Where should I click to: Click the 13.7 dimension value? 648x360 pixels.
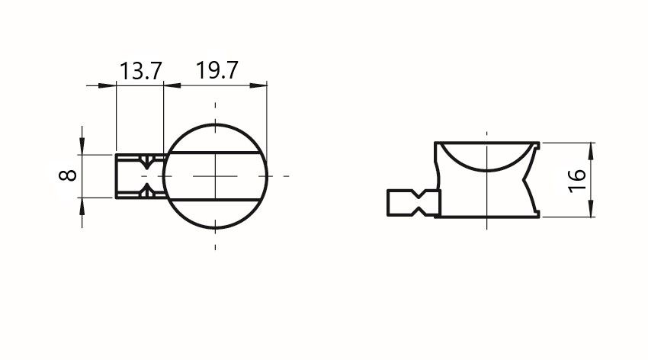pos(141,71)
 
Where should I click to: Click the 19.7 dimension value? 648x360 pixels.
pos(217,70)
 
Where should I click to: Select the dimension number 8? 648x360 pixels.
pos(68,175)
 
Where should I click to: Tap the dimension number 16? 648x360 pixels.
pos(577,181)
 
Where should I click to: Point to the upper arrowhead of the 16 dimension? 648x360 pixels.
pos(592,150)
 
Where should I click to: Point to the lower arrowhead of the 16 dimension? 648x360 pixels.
pos(592,209)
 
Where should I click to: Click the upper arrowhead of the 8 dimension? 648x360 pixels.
pos(82,146)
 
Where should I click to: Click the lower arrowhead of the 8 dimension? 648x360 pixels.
pos(82,206)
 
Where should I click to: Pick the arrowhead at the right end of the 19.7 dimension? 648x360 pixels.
pos(258,85)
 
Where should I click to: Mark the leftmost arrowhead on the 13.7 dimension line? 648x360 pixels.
pos(107,85)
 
